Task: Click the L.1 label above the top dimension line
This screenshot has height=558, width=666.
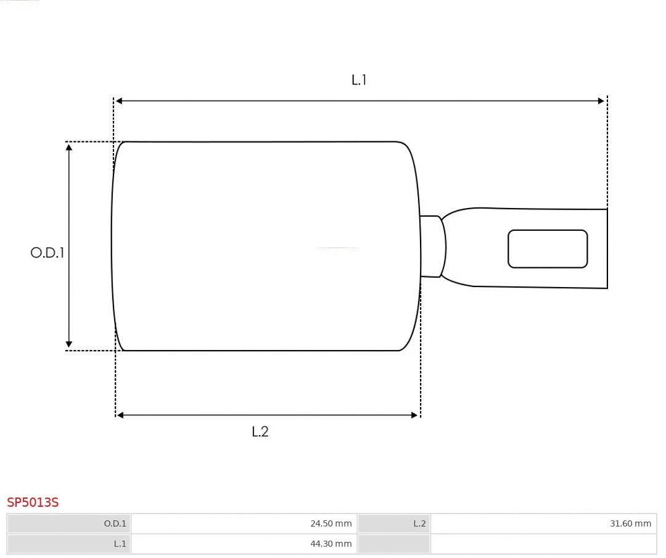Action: coord(359,80)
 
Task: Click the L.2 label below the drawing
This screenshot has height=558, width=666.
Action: coord(260,431)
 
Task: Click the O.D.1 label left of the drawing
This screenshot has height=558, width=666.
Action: coord(47,252)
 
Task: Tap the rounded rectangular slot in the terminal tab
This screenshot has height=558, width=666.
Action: coord(548,249)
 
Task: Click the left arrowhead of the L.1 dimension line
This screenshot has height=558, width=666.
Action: coord(119,101)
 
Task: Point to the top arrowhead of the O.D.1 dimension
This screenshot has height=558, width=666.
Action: coord(69,147)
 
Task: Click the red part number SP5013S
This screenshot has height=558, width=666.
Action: coord(33,502)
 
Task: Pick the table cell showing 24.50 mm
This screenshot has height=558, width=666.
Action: coord(244,523)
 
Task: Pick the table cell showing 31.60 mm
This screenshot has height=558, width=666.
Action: coord(543,523)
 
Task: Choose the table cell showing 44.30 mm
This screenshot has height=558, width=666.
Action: coord(244,544)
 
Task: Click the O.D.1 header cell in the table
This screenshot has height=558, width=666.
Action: coord(69,523)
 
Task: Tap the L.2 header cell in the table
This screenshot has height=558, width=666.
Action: coord(393,523)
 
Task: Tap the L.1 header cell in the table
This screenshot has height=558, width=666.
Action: coord(69,544)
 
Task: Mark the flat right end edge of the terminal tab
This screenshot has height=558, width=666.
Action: coord(607,249)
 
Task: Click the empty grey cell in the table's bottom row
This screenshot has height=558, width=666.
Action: coord(393,544)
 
